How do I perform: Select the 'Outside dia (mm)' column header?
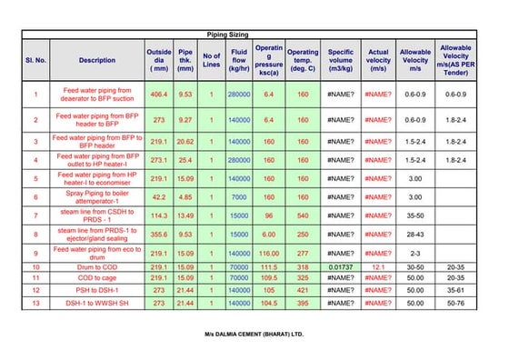tap(159, 60)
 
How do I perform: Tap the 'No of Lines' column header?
tap(212, 60)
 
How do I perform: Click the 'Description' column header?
tap(97, 60)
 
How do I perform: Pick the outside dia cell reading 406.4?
tap(159, 95)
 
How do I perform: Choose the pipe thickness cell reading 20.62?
tap(185, 141)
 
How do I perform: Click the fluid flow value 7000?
tap(240, 197)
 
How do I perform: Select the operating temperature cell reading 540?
tap(303, 215)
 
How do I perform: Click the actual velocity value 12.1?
tap(378, 267)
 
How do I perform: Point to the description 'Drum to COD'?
tap(97, 267)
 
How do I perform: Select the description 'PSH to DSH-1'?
tap(97, 290)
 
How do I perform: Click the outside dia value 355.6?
tap(159, 235)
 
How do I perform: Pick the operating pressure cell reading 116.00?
tap(269, 253)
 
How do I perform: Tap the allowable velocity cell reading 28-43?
tap(415, 235)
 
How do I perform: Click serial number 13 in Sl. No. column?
tap(35, 303)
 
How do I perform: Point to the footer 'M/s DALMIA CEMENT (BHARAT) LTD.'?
tap(254, 335)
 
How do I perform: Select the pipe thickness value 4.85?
tap(185, 197)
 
